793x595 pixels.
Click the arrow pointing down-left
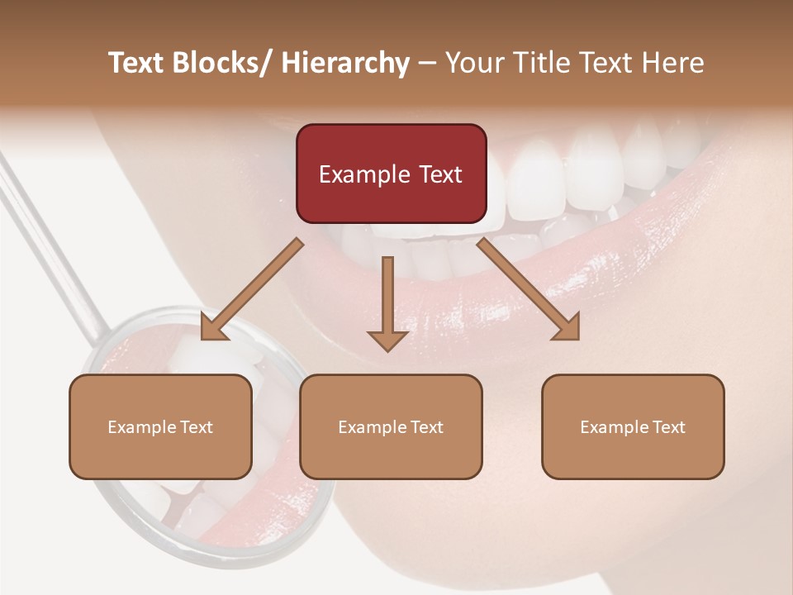(252, 289)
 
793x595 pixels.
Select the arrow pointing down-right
(529, 289)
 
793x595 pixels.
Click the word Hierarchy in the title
(344, 63)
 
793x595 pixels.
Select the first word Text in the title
(139, 63)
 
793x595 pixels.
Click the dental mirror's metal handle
(50, 240)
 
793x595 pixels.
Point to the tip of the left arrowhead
(202, 339)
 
